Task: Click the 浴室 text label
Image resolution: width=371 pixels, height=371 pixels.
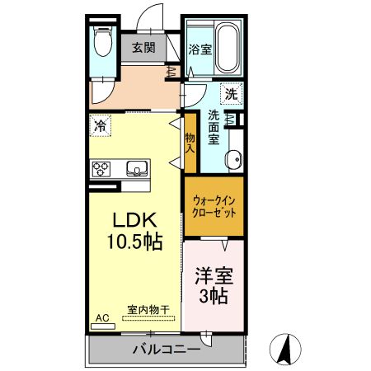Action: [200, 49]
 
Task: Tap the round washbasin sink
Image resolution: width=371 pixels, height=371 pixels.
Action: [234, 158]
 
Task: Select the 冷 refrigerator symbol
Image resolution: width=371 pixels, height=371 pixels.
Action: [101, 126]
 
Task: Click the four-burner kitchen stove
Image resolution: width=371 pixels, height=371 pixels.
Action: [102, 169]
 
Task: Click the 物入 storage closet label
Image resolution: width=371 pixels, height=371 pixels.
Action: [190, 143]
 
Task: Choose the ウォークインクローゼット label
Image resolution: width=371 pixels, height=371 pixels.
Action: [214, 205]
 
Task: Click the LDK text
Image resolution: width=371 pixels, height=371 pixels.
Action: [134, 220]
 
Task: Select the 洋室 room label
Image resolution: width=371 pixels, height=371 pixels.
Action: [214, 275]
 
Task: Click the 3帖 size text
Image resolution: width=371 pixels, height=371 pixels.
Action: [214, 296]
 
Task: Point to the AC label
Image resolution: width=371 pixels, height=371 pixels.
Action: [102, 317]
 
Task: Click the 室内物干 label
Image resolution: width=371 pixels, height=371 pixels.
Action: [148, 310]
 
